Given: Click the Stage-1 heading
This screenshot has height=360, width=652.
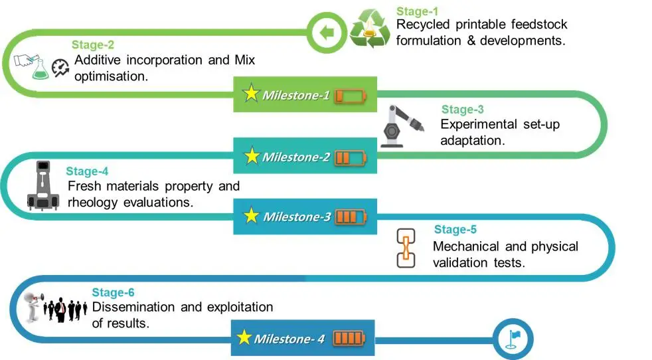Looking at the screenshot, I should pos(417,11).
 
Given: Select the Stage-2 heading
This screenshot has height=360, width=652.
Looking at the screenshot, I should pos(92,46).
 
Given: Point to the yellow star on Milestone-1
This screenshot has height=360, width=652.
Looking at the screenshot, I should pos(251,94).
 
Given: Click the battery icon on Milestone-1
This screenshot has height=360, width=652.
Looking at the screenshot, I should pos(349,96).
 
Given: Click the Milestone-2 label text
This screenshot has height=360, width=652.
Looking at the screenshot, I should pos(295,157).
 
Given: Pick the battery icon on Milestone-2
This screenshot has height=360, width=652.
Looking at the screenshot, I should pos(350,157).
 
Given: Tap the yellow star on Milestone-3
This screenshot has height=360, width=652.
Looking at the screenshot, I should pos(251,217).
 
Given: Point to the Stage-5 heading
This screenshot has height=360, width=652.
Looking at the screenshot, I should pos(455,230).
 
